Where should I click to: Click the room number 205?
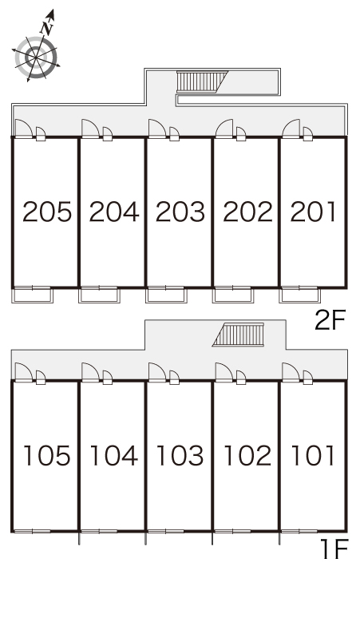click(47, 212)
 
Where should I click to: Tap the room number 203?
click(180, 212)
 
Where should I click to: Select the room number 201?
click(313, 212)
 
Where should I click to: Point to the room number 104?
click(114, 456)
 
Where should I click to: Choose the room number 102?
click(247, 456)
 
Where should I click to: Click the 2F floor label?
click(330, 320)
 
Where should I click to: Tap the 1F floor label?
click(334, 549)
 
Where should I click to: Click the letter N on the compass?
click(46, 28)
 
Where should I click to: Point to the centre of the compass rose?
click(36, 58)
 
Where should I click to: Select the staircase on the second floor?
click(202, 82)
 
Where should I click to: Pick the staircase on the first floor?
click(239, 335)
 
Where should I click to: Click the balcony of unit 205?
click(32, 295)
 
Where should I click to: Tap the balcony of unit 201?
click(299, 295)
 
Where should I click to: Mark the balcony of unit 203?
click(166, 295)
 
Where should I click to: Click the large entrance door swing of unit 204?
click(90, 129)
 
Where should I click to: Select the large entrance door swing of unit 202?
click(224, 129)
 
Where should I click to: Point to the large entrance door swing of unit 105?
click(24, 372)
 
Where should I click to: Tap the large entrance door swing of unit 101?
click(291, 372)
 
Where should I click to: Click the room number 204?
click(114, 212)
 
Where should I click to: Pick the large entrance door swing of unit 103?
click(157, 372)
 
